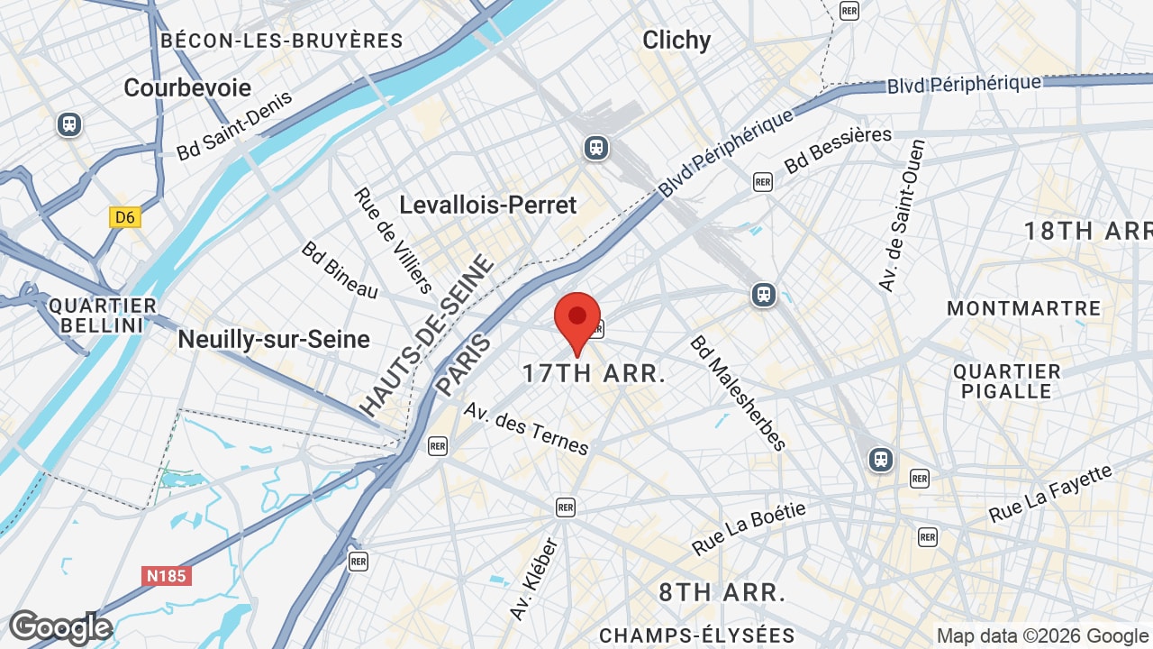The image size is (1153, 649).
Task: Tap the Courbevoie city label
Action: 187,87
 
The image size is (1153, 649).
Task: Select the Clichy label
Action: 676,40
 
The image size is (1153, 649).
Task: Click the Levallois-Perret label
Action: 487,205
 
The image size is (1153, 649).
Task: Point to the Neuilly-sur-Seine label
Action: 274,339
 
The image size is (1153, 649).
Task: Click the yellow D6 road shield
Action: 125,217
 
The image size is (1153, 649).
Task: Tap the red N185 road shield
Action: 167,575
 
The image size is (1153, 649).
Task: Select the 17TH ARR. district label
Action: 594,373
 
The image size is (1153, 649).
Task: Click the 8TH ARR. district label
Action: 722,592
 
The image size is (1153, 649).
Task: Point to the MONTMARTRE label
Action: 1023,308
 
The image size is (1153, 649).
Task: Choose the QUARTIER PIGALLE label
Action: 1007,381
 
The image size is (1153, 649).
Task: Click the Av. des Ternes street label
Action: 526,428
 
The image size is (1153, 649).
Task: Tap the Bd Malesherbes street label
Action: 738,393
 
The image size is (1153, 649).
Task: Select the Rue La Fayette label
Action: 1050,494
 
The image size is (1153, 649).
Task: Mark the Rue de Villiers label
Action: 393,241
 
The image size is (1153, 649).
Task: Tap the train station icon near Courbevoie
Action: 69,124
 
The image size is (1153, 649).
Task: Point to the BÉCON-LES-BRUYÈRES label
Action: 281,41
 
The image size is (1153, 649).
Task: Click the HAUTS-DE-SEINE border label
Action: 428,335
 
